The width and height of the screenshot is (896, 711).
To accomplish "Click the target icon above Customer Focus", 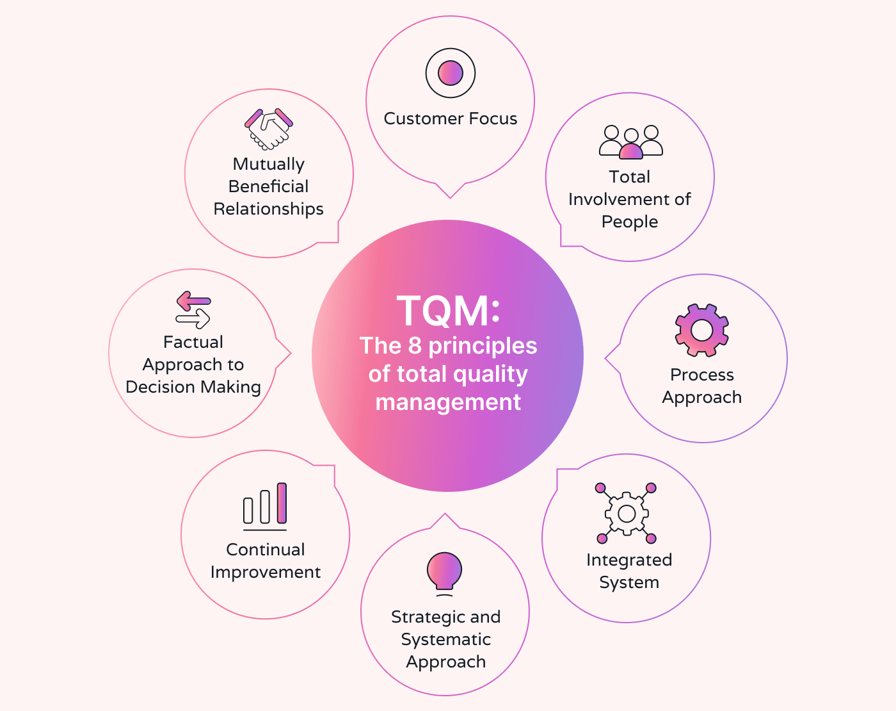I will (x=451, y=73).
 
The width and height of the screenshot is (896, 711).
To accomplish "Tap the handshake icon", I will (x=269, y=128).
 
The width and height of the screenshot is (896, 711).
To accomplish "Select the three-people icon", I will (x=631, y=142).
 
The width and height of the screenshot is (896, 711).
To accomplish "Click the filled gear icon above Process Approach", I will (x=702, y=330).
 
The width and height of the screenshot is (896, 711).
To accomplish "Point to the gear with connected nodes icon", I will (x=627, y=513).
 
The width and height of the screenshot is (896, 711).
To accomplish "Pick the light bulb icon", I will (x=444, y=571).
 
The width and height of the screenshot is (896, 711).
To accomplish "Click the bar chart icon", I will (x=265, y=506).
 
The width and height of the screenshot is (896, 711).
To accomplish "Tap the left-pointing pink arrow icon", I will (x=193, y=300).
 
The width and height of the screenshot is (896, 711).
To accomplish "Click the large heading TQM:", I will (x=448, y=311).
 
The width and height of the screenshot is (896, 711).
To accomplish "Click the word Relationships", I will (x=269, y=209).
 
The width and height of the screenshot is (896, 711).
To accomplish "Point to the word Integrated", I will (x=629, y=560).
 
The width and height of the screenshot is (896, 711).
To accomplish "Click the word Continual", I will (x=266, y=550).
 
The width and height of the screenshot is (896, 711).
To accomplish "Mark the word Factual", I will (x=193, y=342).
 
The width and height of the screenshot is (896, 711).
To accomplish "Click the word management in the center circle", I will (x=448, y=402).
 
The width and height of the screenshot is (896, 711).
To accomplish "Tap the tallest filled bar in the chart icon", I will (x=282, y=503).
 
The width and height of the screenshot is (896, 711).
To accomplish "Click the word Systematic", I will (x=446, y=639).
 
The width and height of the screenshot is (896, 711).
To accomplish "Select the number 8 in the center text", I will (x=415, y=346).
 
